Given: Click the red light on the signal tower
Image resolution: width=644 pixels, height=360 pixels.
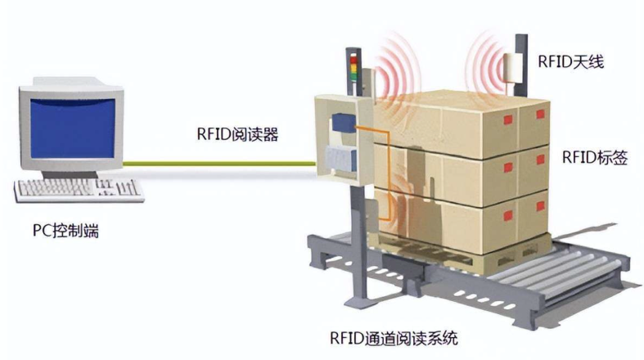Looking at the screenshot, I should pyautogui.click(x=354, y=60).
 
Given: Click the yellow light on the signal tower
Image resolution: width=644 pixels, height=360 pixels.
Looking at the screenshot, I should pyautogui.click(x=354, y=70).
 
